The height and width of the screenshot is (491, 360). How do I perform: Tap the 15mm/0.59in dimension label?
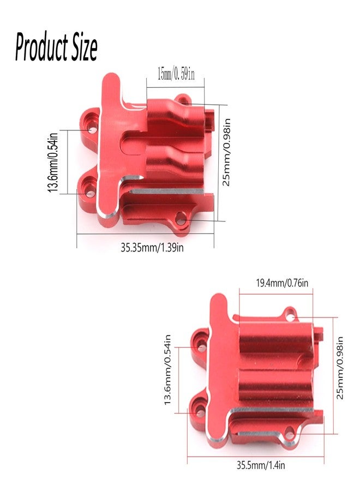point(176,75)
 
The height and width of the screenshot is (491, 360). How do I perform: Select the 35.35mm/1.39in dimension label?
point(152,248)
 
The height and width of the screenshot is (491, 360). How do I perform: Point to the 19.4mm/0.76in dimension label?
point(282,283)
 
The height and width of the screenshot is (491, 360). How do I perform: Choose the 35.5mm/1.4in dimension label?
point(261,465)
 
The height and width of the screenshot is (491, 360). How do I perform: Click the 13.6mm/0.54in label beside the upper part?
point(53,162)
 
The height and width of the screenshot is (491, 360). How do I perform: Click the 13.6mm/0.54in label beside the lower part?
point(167,369)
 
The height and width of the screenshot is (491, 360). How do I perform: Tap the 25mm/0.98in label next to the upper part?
point(226,152)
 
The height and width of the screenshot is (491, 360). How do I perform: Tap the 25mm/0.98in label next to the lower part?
point(340,368)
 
